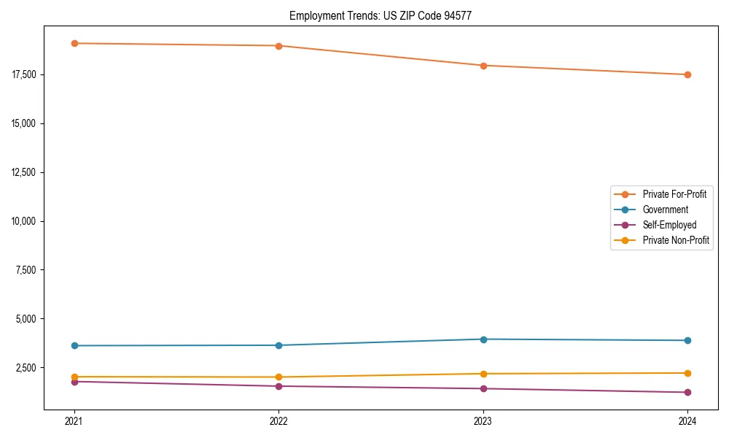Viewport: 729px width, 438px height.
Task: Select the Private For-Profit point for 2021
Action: pos(74,44)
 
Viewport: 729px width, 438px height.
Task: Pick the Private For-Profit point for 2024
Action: pos(687,74)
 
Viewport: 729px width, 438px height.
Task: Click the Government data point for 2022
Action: pos(278,345)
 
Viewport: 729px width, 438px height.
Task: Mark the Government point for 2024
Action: pos(687,341)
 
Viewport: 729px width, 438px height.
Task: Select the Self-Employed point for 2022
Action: pos(278,386)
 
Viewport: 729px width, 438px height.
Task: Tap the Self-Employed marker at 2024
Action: pos(687,393)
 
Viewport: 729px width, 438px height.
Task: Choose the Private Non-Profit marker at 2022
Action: pos(278,377)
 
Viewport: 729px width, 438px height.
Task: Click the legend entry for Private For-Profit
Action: pos(674,194)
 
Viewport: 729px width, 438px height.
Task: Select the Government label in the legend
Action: pos(665,210)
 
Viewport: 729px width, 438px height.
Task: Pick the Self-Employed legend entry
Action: pos(669,225)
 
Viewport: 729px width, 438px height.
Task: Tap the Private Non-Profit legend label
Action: pos(676,240)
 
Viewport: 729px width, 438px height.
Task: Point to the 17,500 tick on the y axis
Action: pos(25,74)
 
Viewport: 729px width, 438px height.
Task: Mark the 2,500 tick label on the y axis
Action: pos(27,368)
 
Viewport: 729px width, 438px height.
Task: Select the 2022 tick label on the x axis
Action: pos(278,420)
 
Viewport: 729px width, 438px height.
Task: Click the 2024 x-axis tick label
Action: pos(687,420)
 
